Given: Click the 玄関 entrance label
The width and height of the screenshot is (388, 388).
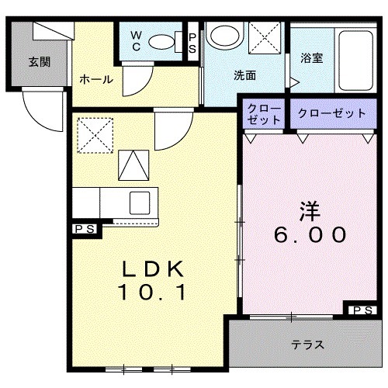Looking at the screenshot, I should [x=40, y=62].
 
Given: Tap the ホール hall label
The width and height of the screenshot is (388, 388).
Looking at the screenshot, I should [x=96, y=78].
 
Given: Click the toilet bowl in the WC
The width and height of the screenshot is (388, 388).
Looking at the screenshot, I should [x=162, y=41].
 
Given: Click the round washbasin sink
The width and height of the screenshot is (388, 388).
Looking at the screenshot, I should [x=226, y=36].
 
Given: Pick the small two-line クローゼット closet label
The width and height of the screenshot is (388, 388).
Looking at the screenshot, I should [x=264, y=114].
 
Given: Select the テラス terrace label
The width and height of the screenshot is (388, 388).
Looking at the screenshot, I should [x=307, y=345].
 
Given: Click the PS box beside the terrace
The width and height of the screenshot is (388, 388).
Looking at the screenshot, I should [x=361, y=310].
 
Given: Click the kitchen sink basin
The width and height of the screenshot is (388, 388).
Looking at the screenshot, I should [x=140, y=202].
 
